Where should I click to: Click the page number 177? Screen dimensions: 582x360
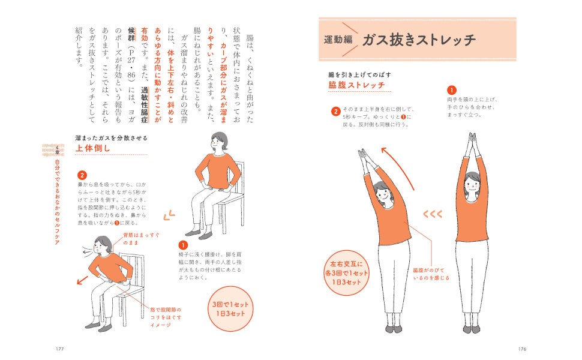point(59,349)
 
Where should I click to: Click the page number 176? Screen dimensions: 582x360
point(522,349)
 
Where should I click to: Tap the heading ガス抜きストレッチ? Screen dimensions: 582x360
point(419,40)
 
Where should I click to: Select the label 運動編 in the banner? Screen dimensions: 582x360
point(338,40)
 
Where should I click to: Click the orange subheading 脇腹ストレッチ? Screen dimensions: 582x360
point(356,85)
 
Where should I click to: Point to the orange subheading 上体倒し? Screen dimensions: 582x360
point(93,148)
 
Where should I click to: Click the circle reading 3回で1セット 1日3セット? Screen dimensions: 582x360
point(230,309)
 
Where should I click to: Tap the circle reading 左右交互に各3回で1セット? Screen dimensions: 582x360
point(346,273)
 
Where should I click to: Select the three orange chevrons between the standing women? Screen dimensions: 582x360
point(433,214)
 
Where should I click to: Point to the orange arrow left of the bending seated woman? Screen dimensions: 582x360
point(82,280)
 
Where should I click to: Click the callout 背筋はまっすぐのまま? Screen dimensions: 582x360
point(141,239)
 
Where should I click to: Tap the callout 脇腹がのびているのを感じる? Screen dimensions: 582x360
point(431,274)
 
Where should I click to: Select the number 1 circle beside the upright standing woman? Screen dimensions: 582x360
point(452,90)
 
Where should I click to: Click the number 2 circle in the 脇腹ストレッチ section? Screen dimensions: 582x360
point(335,112)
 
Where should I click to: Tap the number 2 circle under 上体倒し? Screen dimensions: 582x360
point(82,175)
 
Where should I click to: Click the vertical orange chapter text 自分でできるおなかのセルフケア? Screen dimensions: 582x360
point(57,202)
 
